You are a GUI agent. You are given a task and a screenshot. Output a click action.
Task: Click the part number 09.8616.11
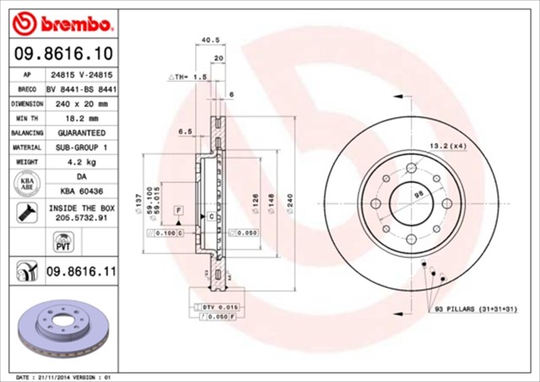(x=80, y=272)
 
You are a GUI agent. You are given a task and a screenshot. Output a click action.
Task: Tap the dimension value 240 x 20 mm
(x=82, y=103)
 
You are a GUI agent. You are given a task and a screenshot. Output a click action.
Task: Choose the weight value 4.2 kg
(x=82, y=162)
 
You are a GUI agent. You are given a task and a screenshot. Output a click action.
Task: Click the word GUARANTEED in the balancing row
(x=82, y=133)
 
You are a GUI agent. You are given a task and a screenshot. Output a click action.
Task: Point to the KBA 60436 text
(x=82, y=191)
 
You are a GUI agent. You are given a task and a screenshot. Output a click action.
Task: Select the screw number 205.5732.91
(x=82, y=217)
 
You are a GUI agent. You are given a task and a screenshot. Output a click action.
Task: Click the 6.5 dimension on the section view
(x=186, y=132)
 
